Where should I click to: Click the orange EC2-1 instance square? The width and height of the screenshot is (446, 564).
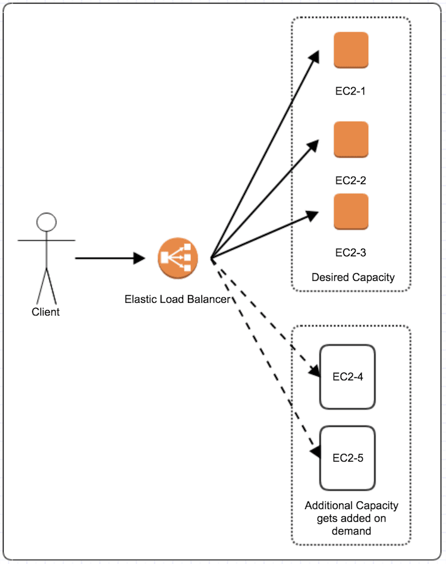(x=351, y=50)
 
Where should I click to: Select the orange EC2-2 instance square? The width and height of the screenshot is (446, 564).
(x=351, y=140)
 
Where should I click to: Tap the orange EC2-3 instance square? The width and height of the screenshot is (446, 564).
(x=351, y=212)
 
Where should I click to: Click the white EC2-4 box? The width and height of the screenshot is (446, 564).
(x=348, y=377)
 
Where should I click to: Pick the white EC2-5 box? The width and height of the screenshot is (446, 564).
(x=348, y=458)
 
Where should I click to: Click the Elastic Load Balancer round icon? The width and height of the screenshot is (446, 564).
(x=177, y=258)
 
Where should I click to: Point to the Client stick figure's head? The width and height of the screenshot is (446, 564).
(x=46, y=222)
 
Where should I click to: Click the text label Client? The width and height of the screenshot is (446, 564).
(x=46, y=312)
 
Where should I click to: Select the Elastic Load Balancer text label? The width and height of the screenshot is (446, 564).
(x=177, y=299)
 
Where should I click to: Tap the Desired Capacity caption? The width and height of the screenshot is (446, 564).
(x=353, y=277)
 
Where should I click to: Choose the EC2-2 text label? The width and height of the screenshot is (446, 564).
(x=351, y=180)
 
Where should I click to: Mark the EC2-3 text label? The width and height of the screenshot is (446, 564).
(x=351, y=252)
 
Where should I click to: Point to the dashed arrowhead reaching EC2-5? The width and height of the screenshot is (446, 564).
(x=315, y=453)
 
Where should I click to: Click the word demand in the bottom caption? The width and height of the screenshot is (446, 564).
(x=351, y=531)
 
